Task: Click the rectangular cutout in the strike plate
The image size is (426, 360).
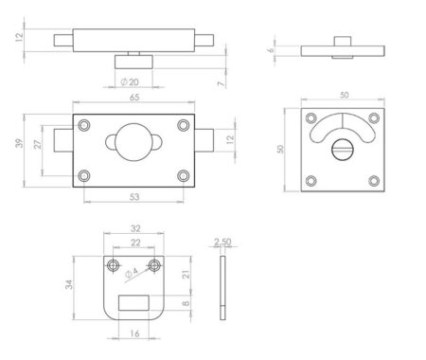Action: coord(134,303)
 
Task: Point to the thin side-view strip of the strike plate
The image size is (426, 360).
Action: coord(222,285)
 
